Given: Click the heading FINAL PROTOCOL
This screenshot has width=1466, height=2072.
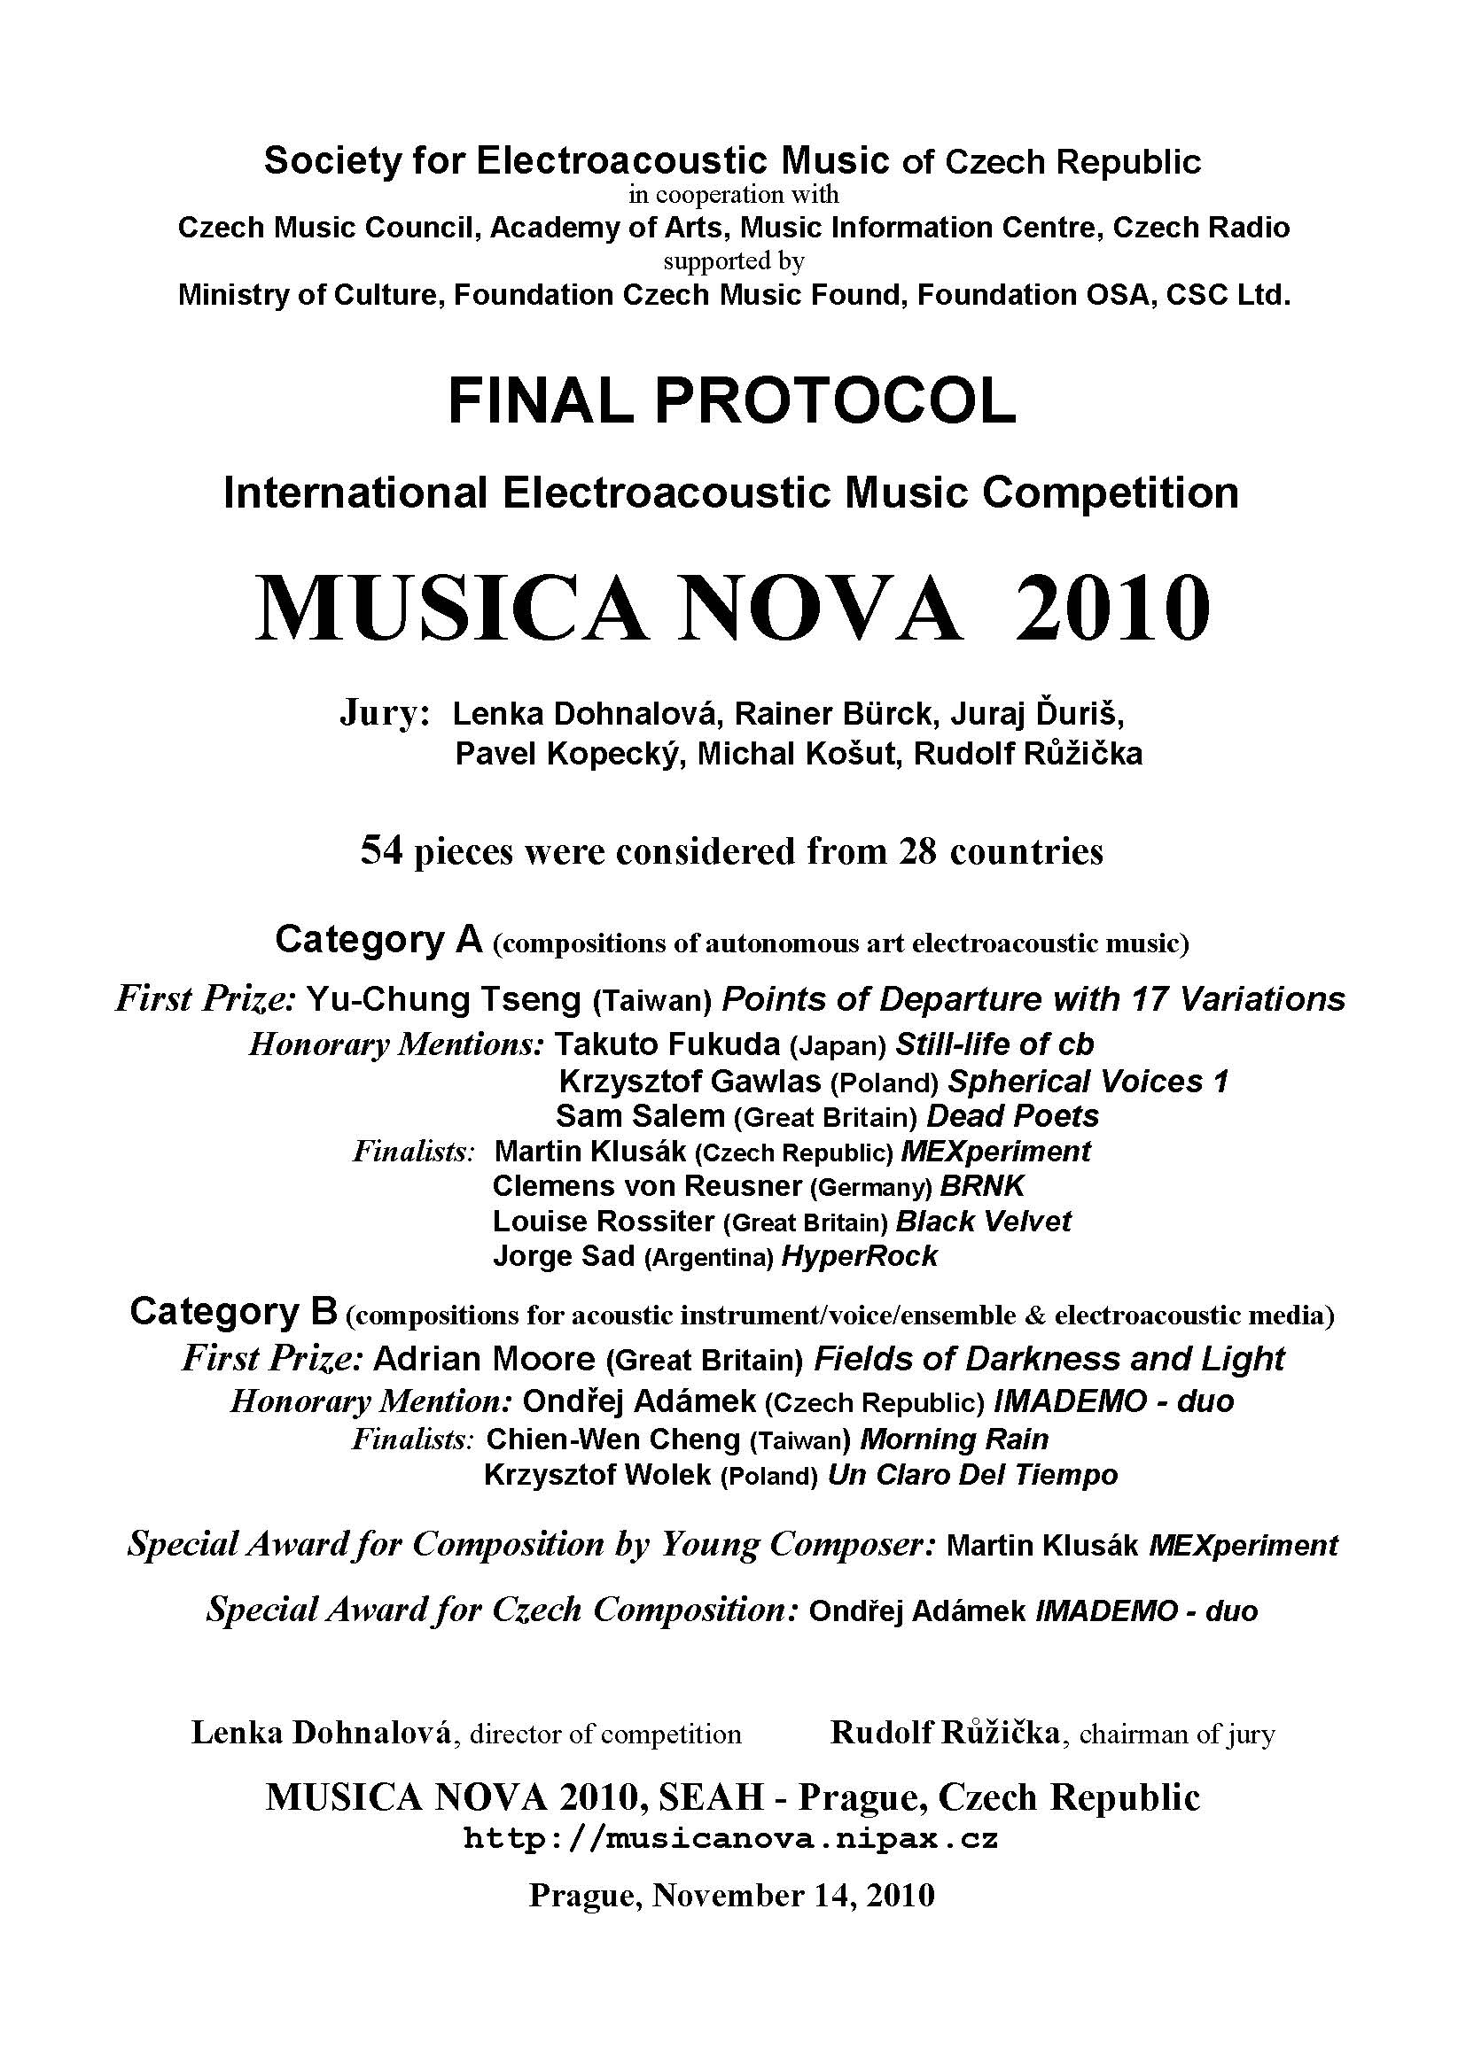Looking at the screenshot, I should click(732, 401).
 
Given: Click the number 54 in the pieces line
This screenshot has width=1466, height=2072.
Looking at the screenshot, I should click(380, 851).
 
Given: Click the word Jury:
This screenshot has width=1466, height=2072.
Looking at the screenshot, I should click(385, 713).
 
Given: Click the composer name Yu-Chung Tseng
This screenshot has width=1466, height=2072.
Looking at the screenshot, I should click(444, 999).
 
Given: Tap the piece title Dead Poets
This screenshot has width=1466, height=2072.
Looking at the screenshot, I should click(1013, 1116).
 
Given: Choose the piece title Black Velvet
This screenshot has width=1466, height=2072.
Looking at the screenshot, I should click(983, 1222).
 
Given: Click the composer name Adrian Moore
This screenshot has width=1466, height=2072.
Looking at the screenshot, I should click(484, 1358).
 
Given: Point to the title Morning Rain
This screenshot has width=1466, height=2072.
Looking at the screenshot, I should click(955, 1440).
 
